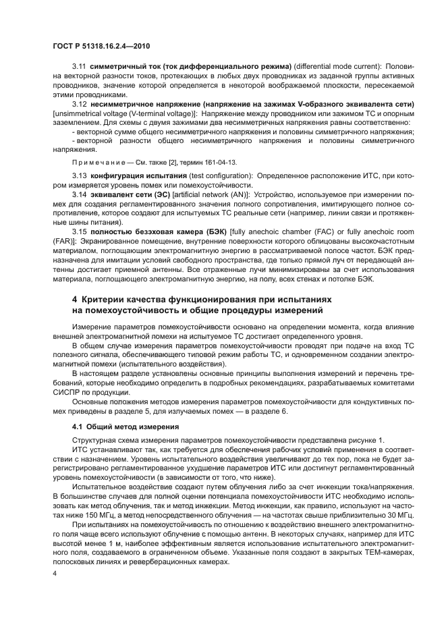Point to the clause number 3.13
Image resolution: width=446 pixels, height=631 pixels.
coord(80,175)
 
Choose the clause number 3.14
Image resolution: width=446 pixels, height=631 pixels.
coord(80,194)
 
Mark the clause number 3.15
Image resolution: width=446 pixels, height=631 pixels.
coord(80,232)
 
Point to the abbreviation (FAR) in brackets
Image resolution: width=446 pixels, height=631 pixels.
coord(66,242)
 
